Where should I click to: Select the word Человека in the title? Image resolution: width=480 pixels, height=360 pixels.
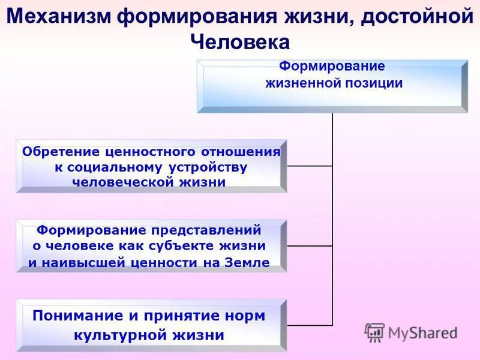click(240, 42)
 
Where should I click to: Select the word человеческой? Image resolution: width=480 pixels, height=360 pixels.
click(122, 182)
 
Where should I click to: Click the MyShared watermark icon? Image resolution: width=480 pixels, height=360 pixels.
click(375, 332)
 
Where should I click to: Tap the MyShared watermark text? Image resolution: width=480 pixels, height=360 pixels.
click(422, 332)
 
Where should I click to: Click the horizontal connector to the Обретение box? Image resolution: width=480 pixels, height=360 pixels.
click(310, 166)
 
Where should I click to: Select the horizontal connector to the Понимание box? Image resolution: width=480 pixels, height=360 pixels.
click(310, 325)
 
